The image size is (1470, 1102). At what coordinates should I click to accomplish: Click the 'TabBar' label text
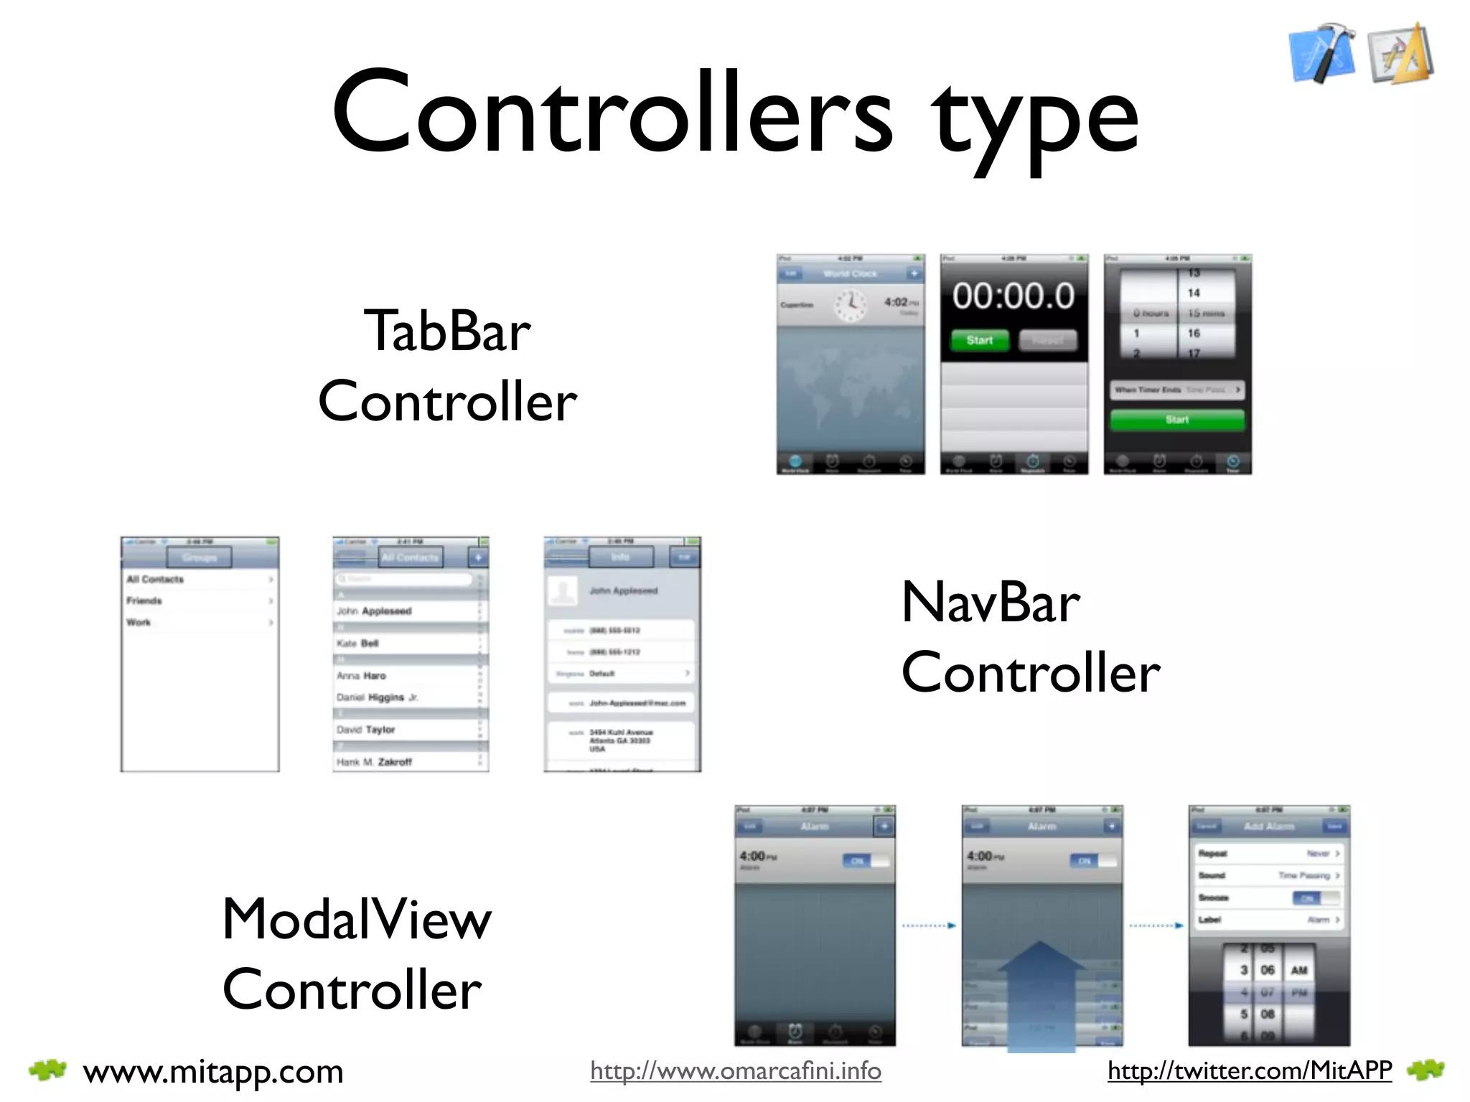click(x=447, y=331)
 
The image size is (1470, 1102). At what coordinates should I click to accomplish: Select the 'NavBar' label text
click(x=990, y=603)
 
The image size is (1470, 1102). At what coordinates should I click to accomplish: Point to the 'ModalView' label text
click(x=357, y=919)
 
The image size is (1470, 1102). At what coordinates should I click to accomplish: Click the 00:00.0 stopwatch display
click(x=1013, y=296)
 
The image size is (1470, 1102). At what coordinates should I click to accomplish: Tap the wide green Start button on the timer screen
click(x=1177, y=420)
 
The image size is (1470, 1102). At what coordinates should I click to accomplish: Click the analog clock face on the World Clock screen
click(x=851, y=305)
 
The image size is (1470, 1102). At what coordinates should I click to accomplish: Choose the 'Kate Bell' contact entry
click(x=358, y=644)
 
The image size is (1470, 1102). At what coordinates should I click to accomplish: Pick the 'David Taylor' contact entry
click(x=366, y=730)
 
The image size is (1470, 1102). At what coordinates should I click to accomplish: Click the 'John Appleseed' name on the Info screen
click(x=623, y=590)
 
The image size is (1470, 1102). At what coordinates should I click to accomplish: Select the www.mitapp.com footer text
click(x=213, y=1072)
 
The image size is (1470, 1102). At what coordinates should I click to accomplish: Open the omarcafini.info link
click(x=736, y=1071)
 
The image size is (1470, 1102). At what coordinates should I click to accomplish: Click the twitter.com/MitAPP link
click(x=1250, y=1070)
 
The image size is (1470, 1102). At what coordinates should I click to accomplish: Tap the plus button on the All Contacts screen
click(x=478, y=557)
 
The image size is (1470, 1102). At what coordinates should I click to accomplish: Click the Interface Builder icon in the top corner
click(x=1400, y=55)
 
